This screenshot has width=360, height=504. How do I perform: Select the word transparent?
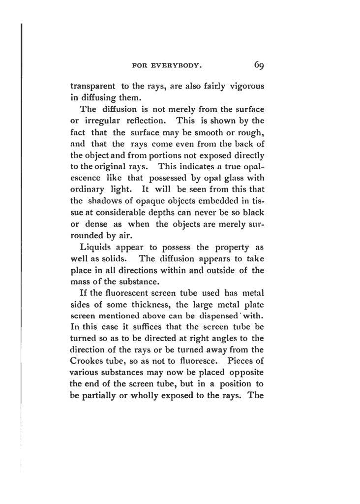pos(92,86)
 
